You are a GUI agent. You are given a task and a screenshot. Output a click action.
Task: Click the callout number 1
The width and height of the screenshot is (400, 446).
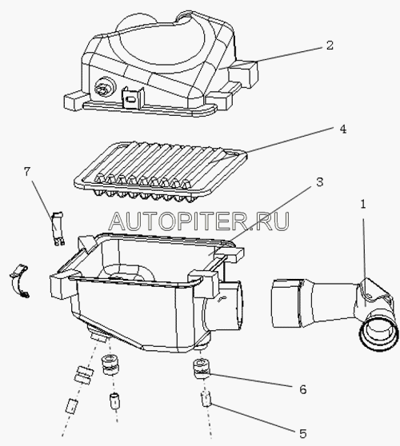[x=362, y=205]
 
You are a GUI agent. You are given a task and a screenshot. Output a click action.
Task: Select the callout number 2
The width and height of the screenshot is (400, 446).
[x=330, y=46]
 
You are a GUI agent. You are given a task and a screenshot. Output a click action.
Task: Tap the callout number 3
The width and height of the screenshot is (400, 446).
[x=320, y=181]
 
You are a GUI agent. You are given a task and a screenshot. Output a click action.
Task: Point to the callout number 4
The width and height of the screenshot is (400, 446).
[x=342, y=129]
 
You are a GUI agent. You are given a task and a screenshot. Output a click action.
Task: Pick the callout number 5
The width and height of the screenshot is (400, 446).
[x=302, y=433]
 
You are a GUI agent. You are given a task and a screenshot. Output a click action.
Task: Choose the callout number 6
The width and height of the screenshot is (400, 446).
[x=302, y=388]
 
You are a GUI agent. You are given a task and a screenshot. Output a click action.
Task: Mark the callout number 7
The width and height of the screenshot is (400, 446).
[x=26, y=172]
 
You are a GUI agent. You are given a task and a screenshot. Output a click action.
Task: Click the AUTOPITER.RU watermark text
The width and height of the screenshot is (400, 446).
[x=199, y=221]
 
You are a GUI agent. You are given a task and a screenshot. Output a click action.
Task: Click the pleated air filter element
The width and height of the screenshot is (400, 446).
[x=160, y=172]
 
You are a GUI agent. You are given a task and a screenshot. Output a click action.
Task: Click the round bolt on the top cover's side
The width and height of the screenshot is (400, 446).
[x=104, y=90]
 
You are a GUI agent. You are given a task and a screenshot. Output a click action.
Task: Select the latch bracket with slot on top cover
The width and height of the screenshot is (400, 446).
[x=133, y=98]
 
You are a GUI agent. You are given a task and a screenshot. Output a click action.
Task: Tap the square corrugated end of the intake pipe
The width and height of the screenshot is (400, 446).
[x=286, y=303]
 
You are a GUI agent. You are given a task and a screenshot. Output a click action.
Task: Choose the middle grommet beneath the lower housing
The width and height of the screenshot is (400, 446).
[x=110, y=364]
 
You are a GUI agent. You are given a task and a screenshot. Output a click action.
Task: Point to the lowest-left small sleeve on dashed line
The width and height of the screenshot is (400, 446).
[x=71, y=406]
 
